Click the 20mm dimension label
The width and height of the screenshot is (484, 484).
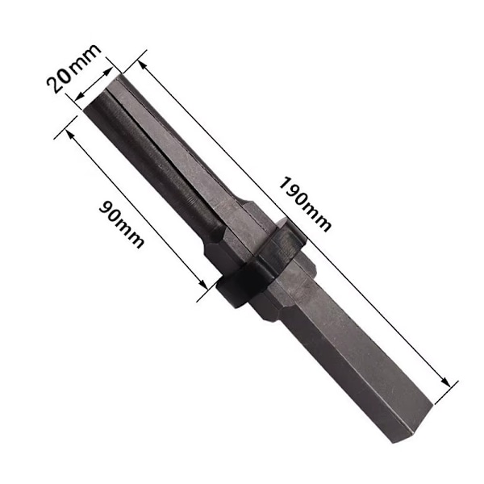point(73,69)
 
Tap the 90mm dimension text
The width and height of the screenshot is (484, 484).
point(122,224)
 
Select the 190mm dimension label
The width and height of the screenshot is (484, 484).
point(305,204)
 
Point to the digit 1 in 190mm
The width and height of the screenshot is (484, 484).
point(285,184)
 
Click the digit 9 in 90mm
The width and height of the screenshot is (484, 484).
point(106,208)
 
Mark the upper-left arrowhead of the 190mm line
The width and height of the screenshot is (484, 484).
point(141,65)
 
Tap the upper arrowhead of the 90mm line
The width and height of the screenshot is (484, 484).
point(69,134)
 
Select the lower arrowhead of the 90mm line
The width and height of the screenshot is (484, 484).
point(202,284)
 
